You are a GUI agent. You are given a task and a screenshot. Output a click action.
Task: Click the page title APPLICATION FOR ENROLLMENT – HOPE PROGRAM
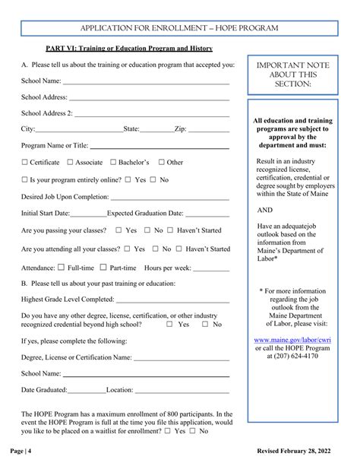179,28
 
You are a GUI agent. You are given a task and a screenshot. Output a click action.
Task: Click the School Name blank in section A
146,81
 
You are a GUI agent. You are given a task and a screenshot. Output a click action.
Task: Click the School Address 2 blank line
152,114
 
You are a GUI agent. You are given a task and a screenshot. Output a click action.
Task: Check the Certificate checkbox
25,162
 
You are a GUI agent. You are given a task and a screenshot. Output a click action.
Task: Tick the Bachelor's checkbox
114,162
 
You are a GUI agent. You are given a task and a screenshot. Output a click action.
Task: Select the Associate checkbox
70,162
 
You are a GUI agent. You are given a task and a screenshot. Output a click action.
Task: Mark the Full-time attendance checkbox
61,268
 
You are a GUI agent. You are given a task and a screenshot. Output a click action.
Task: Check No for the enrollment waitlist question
193,431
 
